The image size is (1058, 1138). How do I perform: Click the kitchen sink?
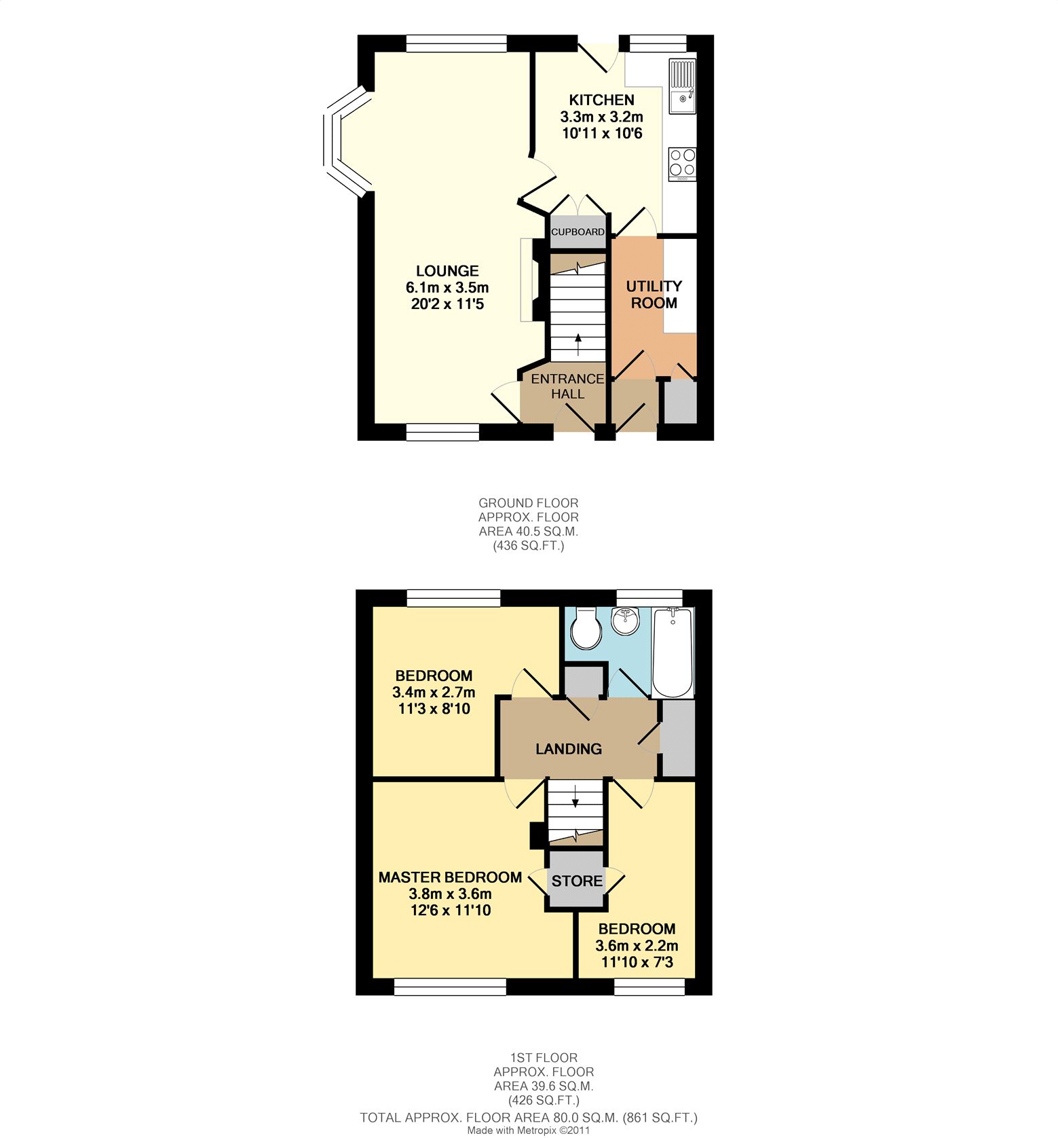pyautogui.click(x=682, y=86)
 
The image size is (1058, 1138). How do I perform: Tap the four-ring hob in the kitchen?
pyautogui.click(x=682, y=164)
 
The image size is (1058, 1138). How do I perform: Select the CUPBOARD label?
pyautogui.click(x=578, y=232)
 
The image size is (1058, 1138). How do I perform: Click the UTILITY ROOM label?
pyautogui.click(x=654, y=295)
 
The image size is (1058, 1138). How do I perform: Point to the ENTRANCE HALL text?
pyautogui.click(x=567, y=386)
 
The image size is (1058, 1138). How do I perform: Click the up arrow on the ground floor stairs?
pyautogui.click(x=578, y=345)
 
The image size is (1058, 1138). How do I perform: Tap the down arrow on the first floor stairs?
pyautogui.click(x=575, y=796)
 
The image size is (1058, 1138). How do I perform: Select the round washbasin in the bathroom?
pyautogui.click(x=626, y=619)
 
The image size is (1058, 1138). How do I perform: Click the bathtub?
pyautogui.click(x=672, y=653)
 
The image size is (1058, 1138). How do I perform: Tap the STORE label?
pyautogui.click(x=577, y=881)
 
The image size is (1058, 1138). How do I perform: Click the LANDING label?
pyautogui.click(x=569, y=749)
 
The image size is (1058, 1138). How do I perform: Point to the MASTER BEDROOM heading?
pyautogui.click(x=450, y=877)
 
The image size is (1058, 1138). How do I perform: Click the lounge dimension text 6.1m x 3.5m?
pyautogui.click(x=447, y=288)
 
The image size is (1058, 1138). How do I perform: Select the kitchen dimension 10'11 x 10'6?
pyautogui.click(x=602, y=133)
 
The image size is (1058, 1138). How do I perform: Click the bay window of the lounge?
pyautogui.click(x=347, y=141)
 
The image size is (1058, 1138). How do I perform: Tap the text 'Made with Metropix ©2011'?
pyautogui.click(x=529, y=1131)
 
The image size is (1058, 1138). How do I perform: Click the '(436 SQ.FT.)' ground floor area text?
pyautogui.click(x=529, y=545)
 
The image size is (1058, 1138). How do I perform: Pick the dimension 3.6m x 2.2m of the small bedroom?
pyautogui.click(x=637, y=946)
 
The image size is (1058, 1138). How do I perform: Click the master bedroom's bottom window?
pyautogui.click(x=450, y=987)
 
